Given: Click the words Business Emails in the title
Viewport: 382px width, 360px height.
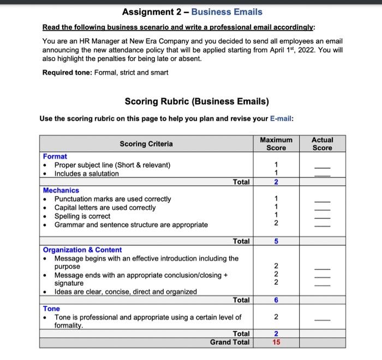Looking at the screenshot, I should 226,12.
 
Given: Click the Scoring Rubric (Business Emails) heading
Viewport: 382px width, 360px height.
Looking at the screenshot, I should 196,101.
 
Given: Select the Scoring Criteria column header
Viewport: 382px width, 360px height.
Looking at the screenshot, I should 146,144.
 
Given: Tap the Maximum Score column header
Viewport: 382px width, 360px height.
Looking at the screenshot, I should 276,144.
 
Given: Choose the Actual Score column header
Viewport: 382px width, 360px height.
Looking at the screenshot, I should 322,144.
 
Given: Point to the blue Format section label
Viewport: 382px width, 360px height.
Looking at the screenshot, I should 55,156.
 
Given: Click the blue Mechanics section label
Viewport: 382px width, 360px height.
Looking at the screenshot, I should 61,190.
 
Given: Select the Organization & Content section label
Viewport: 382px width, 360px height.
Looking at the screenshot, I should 82,250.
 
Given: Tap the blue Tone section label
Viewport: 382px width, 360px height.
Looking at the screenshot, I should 52,309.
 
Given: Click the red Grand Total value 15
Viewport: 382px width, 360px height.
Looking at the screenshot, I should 276,343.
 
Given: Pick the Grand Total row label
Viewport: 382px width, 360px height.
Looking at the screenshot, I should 230,343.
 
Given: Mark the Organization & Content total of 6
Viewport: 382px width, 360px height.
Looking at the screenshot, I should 276,300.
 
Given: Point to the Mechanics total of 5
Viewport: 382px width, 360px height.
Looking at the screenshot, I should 276,241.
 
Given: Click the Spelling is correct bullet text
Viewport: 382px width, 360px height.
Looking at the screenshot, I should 82,216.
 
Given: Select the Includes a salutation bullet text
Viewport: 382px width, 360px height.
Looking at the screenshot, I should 86,174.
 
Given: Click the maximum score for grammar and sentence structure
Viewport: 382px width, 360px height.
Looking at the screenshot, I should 276,225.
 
